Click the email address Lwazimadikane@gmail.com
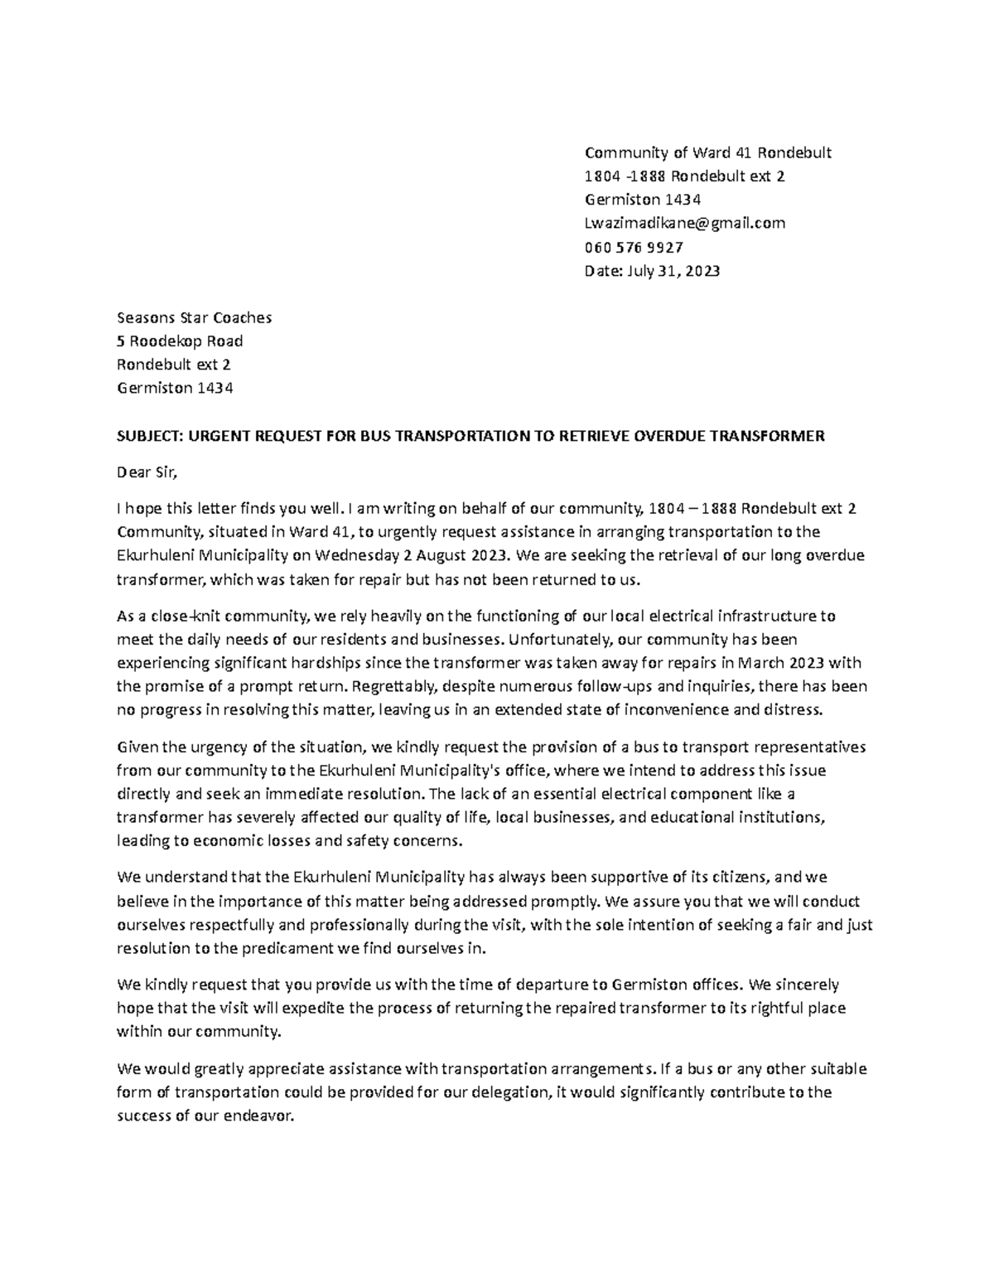(684, 223)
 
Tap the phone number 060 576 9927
(634, 247)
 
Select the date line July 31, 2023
(670, 271)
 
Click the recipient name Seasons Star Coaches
(194, 317)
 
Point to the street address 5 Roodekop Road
(180, 341)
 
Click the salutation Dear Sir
(147, 472)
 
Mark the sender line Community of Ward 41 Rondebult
(707, 152)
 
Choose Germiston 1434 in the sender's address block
(642, 200)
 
